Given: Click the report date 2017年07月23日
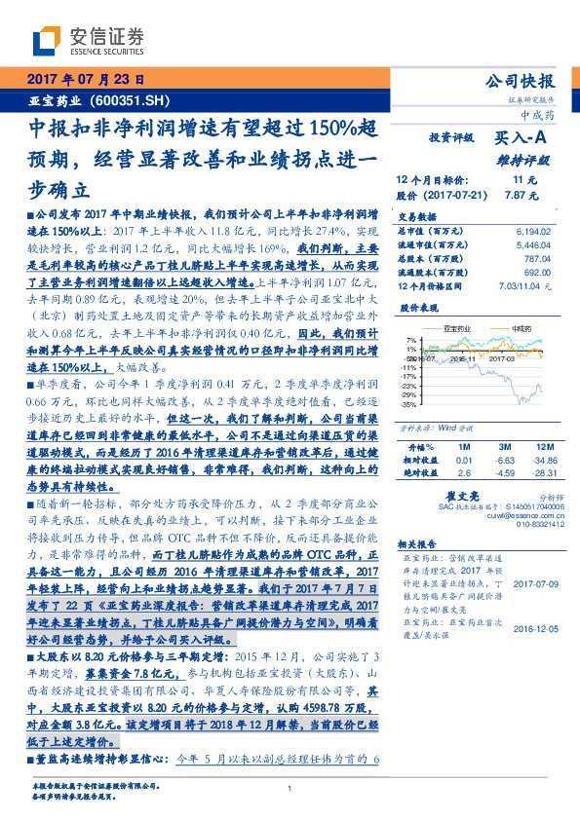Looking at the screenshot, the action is (x=84, y=81).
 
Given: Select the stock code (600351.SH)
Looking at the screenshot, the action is (x=135, y=100).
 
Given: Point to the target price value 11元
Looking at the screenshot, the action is (x=518, y=180).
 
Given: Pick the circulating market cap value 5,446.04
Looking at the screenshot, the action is (x=530, y=245).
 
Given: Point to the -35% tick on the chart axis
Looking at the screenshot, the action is (x=408, y=404).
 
